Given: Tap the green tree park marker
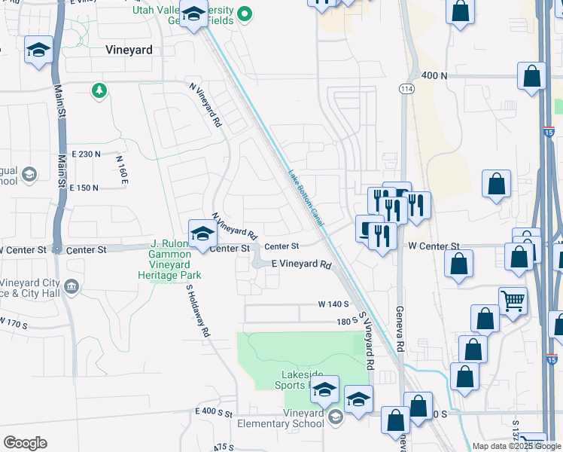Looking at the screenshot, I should pyautogui.click(x=99, y=91).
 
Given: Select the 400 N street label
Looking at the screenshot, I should pyautogui.click(x=434, y=76).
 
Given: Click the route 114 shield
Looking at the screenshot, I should pyautogui.click(x=406, y=89).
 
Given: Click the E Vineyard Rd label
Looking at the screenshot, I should pyautogui.click(x=301, y=264).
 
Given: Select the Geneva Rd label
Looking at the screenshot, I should pyautogui.click(x=400, y=305).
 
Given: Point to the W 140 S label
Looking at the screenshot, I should pyautogui.click(x=333, y=304).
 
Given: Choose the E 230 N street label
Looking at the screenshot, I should pyautogui.click(x=85, y=154).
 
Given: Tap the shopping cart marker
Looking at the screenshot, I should pyautogui.click(x=513, y=301).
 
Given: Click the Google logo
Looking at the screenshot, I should pyautogui.click(x=25, y=443).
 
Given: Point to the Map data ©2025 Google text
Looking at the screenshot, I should pyautogui.click(x=516, y=446).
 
